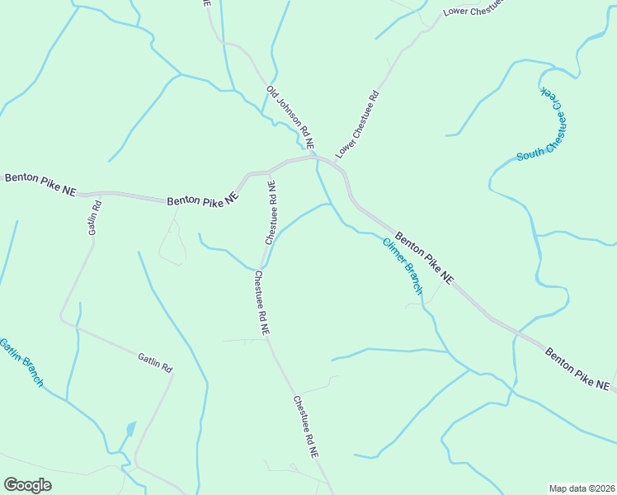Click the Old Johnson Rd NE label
pos(290,116)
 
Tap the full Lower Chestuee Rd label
pos(357,125)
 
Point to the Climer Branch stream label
pos(402,266)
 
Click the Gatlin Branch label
pos(21,362)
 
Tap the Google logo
pos(27,485)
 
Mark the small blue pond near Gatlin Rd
pos(130,430)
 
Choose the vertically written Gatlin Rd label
pos(95,217)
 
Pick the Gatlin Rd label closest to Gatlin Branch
pos(155,361)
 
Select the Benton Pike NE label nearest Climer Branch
pos(424,258)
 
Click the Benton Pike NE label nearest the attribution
pos(577,369)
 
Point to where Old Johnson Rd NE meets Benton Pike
pos(313,156)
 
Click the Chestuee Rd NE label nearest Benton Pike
pos(270,212)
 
